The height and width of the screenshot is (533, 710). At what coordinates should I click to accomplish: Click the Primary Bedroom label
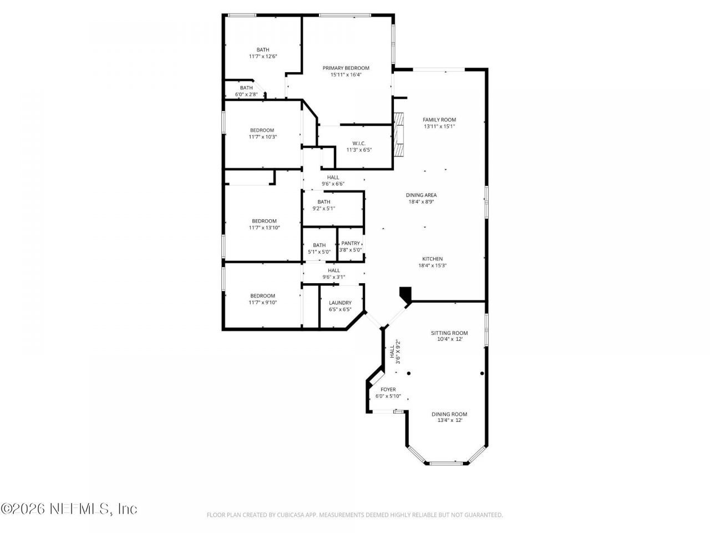click(x=346, y=68)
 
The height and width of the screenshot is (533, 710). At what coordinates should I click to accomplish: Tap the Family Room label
click(x=439, y=120)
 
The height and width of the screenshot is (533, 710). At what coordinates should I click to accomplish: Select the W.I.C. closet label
click(x=359, y=143)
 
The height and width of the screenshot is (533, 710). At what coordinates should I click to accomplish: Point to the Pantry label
click(x=351, y=243)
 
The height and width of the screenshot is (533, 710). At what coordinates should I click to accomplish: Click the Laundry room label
click(x=340, y=303)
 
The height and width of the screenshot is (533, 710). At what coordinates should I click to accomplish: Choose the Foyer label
click(x=388, y=389)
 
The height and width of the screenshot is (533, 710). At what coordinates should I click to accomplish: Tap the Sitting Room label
click(x=449, y=333)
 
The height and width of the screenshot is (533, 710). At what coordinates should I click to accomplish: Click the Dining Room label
click(x=449, y=414)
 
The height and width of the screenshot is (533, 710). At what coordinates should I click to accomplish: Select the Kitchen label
click(x=433, y=259)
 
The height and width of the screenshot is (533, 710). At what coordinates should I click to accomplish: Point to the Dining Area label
click(x=421, y=195)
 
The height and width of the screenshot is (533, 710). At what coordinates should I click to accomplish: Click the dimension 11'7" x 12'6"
click(x=263, y=56)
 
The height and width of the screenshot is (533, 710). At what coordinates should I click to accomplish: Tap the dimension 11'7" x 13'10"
click(x=264, y=228)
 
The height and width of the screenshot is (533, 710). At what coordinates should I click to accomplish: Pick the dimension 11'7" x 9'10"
click(x=263, y=302)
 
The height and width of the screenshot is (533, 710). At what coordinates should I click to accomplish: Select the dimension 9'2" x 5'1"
click(x=324, y=208)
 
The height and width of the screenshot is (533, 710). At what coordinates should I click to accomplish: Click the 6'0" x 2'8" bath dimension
click(x=246, y=94)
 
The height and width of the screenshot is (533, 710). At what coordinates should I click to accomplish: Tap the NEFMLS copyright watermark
click(x=69, y=509)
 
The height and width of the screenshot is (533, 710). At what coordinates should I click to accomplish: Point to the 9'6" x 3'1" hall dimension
click(x=334, y=277)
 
